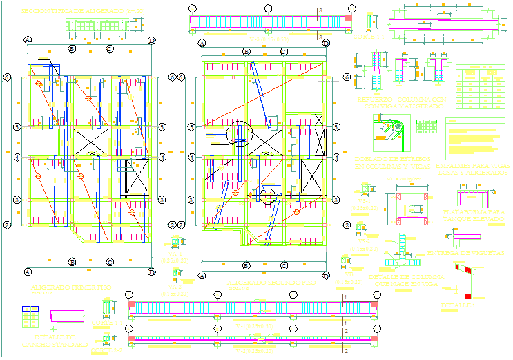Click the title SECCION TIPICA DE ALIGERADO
click(x=83, y=12)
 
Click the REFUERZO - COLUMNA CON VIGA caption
click(x=391, y=103)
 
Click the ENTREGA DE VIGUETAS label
click(x=471, y=253)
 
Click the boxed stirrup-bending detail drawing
click(x=391, y=133)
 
